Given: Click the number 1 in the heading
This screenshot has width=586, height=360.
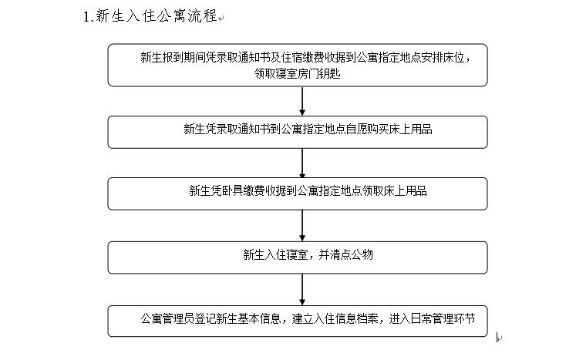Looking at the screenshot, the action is pyautogui.click(x=86, y=17).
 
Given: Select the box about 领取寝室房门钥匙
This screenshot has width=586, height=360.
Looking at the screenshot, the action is pyautogui.click(x=298, y=66).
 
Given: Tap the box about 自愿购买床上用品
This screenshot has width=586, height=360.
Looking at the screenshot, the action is pyautogui.click(x=298, y=133).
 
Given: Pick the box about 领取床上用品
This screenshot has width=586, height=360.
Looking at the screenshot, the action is pyautogui.click(x=298, y=193).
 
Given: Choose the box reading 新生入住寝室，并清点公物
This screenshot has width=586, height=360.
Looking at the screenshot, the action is pyautogui.click(x=298, y=257).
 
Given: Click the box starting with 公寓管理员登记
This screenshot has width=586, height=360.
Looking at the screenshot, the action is pyautogui.click(x=298, y=321).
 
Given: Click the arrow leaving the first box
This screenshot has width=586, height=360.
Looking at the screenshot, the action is pyautogui.click(x=302, y=101).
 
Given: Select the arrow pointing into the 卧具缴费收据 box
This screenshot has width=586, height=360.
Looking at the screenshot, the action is pyautogui.click(x=302, y=163).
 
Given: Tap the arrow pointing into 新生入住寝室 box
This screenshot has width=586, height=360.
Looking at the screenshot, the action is pyautogui.click(x=302, y=225).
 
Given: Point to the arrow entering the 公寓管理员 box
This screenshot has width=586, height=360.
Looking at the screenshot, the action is pyautogui.click(x=302, y=289).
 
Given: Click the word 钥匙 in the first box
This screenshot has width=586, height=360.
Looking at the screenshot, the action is pyautogui.click(x=330, y=73).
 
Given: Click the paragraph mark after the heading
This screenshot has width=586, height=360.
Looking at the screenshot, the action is pyautogui.click(x=221, y=18).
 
